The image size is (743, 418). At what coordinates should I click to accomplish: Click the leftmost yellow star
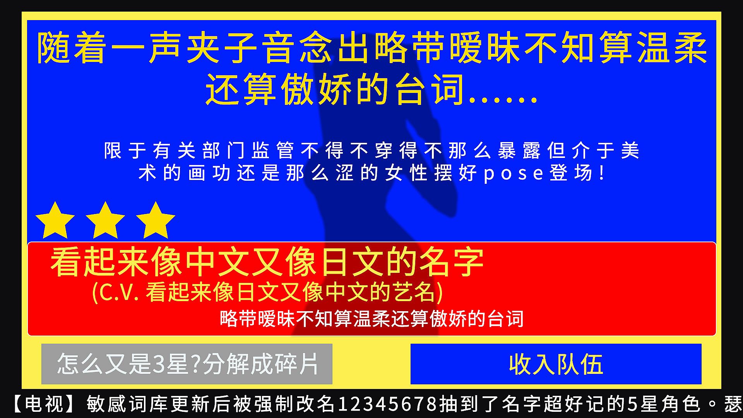(55, 221)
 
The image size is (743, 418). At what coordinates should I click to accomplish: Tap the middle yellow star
(105, 221)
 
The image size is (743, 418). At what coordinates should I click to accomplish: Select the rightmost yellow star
(156, 221)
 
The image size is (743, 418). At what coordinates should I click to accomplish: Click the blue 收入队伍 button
(556, 364)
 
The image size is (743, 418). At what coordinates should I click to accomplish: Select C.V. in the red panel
(120, 293)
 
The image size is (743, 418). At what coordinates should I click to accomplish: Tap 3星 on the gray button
(171, 364)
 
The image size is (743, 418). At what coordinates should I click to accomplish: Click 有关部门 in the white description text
(187, 151)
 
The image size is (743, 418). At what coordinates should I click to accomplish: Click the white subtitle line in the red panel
(371, 319)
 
